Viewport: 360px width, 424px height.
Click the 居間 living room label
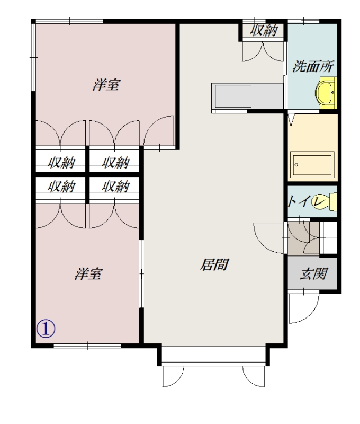point(214,264)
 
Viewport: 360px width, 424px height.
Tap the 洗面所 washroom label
point(313,66)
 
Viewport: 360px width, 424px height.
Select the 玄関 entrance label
point(313,273)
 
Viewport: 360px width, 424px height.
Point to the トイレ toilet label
point(307,201)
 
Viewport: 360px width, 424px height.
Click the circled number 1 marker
point(46,329)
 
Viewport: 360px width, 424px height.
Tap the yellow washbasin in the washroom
point(326,92)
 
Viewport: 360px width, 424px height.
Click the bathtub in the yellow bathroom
point(312,165)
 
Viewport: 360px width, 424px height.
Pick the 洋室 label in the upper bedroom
point(106,85)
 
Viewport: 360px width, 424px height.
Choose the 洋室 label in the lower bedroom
point(88,273)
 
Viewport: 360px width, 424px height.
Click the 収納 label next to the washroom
point(264,30)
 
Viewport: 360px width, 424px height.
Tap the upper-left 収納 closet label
point(61,163)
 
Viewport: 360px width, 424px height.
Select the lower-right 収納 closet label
point(116,187)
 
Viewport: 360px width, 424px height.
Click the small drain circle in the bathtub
point(296,165)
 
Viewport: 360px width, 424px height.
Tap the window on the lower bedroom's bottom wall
point(87,346)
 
